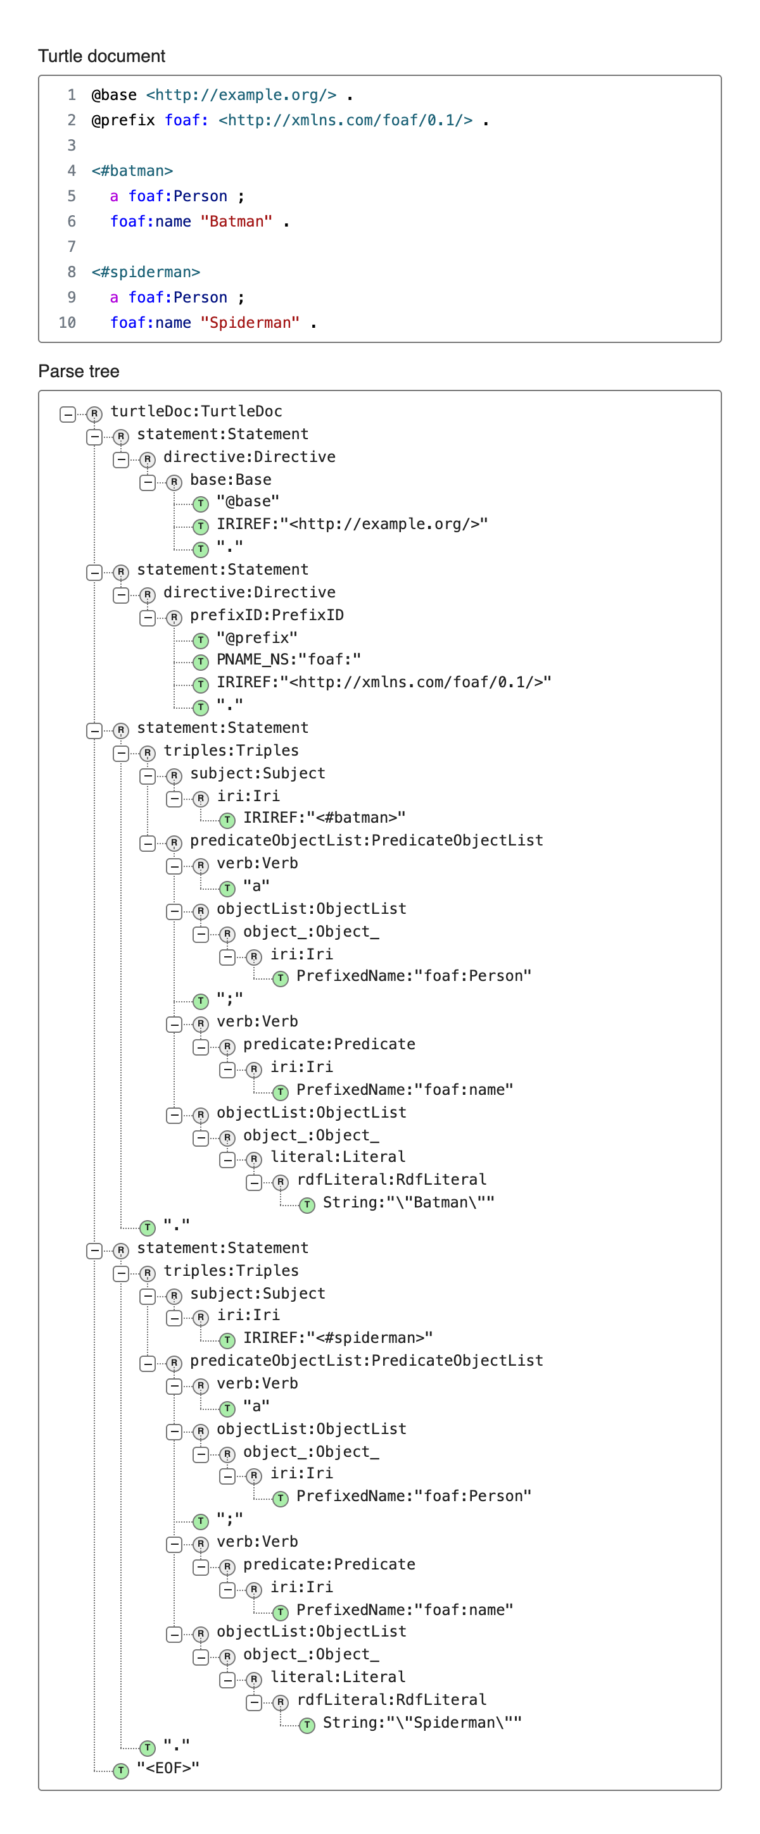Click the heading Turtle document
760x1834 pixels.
click(101, 56)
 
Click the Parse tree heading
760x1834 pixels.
click(79, 371)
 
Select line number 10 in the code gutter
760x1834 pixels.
click(67, 323)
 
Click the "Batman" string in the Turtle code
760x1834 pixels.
click(236, 222)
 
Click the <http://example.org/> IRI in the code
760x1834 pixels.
click(241, 96)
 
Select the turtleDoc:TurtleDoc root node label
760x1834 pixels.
click(196, 411)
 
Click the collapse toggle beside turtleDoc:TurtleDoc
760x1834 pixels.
click(68, 415)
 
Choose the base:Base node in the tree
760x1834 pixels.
click(231, 480)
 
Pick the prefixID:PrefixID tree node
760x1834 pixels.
click(267, 615)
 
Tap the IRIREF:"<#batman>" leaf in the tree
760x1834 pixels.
click(325, 818)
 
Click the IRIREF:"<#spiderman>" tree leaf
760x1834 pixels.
click(338, 1338)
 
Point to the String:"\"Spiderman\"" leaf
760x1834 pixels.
click(422, 1722)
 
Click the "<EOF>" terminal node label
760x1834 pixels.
click(168, 1768)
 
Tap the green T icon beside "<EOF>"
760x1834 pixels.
click(121, 1771)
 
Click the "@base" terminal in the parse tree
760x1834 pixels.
click(248, 502)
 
